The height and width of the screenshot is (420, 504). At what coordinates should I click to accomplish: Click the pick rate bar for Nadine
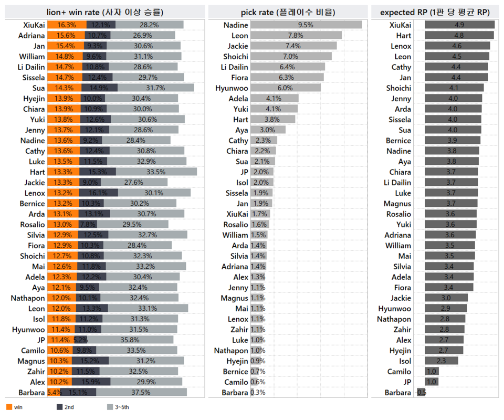tap(306, 25)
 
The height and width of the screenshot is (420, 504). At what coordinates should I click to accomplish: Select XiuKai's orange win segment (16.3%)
tap(67, 25)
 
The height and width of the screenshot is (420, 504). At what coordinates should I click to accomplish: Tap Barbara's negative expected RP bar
tap(421, 392)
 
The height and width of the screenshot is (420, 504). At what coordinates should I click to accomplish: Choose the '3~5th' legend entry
tap(118, 407)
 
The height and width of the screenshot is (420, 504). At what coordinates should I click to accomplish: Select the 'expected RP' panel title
tap(435, 12)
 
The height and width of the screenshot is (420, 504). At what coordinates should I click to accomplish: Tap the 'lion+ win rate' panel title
tap(105, 12)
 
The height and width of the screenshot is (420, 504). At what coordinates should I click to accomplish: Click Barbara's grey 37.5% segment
tap(141, 392)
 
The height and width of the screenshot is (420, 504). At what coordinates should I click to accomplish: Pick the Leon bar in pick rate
tap(296, 35)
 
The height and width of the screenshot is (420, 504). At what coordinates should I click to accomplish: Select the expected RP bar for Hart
tap(459, 35)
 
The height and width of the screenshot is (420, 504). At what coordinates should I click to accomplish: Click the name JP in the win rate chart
tap(38, 340)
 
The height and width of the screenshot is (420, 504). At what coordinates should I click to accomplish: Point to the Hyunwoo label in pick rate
tap(232, 88)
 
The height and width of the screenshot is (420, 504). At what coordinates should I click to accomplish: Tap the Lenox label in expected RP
tap(401, 46)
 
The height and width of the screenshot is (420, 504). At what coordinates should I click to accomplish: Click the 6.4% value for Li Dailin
tap(287, 67)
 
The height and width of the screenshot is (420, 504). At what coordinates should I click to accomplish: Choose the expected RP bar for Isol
tap(442, 361)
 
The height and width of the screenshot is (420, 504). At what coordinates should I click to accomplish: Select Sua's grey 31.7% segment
tap(156, 88)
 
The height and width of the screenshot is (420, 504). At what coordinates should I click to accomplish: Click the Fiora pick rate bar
tap(287, 77)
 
